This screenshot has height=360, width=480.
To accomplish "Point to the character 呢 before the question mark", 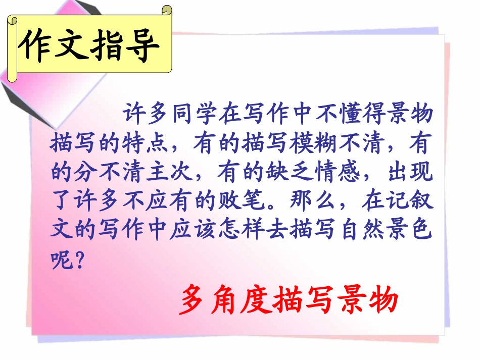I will pos(61,262).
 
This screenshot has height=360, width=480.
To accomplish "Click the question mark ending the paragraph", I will pos(77,262).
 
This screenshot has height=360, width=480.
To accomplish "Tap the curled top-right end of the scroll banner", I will pos(166,11).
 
